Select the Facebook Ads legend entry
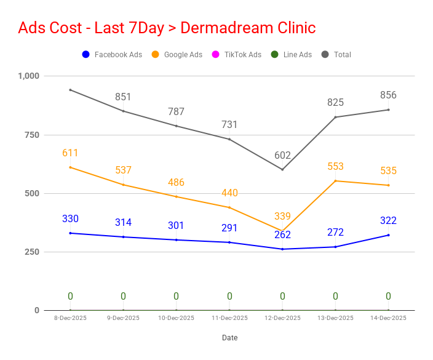click(x=112, y=54)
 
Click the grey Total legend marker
click(x=325, y=54)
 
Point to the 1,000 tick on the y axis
click(x=29, y=76)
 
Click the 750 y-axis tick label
click(x=32, y=135)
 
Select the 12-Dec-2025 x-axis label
click(x=282, y=318)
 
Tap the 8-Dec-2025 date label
click(x=70, y=318)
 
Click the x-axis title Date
click(x=230, y=338)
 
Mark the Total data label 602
click(x=282, y=155)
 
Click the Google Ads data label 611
click(x=70, y=153)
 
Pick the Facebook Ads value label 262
click(x=282, y=234)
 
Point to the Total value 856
click(x=388, y=95)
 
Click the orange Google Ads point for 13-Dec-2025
click(x=336, y=181)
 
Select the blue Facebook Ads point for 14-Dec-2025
click(x=389, y=235)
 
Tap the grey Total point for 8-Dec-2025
click(x=70, y=90)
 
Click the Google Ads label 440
click(x=229, y=193)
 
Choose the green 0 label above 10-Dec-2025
click(x=176, y=296)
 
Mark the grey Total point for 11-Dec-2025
click(x=229, y=139)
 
